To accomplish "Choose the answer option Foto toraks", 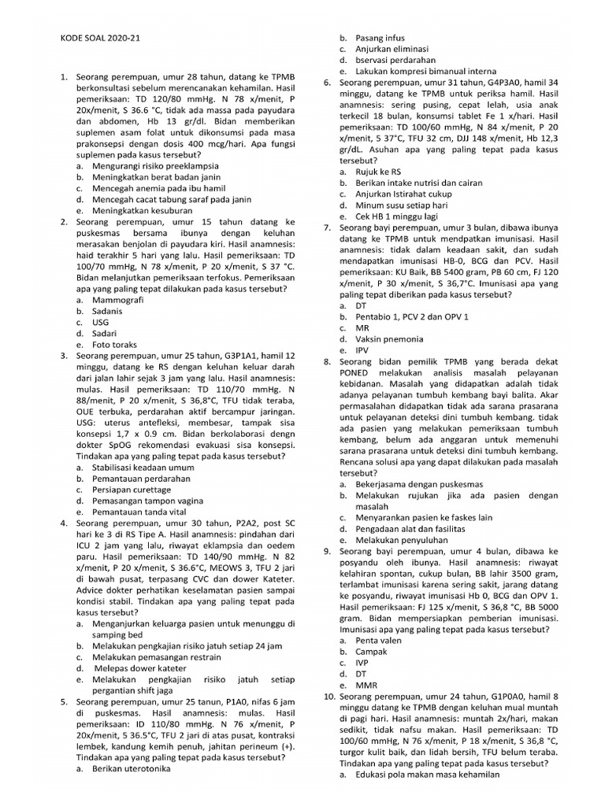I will tap(114, 345).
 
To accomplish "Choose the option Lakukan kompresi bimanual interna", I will tap(417, 71).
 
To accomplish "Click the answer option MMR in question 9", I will tap(366, 685).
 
